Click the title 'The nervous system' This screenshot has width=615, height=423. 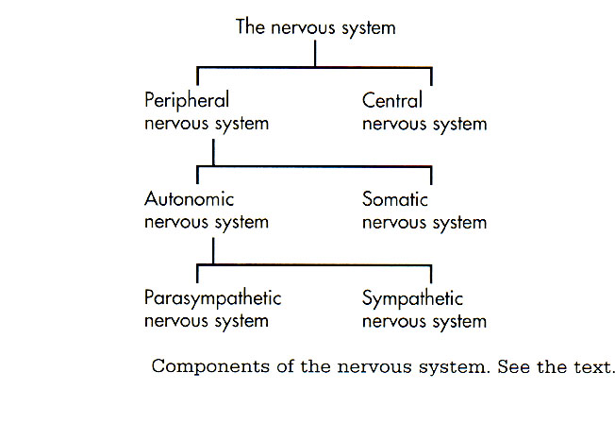pos(315,27)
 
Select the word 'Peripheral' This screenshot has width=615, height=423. pos(188,99)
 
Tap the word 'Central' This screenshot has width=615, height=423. pos(392,99)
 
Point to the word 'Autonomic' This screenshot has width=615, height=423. pos(190,199)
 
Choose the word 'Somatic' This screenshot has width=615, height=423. pos(395,199)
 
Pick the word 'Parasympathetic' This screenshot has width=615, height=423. pos(213,299)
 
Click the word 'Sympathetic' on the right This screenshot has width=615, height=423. pos(412,299)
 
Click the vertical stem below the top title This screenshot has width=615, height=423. pos(315,54)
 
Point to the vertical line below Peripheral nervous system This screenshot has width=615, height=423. pos(213,150)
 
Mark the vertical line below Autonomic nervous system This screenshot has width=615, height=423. pos(213,250)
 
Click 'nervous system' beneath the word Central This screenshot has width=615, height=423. pos(424,123)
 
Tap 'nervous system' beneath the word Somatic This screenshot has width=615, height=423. pos(424,223)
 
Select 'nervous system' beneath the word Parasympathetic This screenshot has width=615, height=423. pos(207,322)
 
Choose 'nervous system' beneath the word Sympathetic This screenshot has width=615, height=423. pos(424,322)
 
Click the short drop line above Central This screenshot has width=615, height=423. pos(431,76)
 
